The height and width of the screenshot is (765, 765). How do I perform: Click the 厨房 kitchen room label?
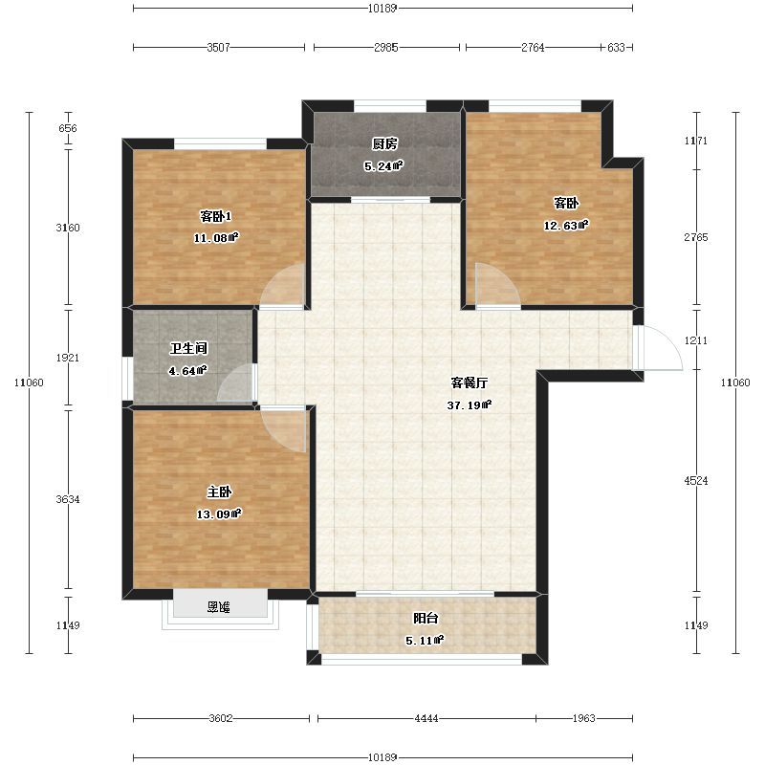click(384, 144)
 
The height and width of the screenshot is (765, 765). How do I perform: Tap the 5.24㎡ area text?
click(383, 165)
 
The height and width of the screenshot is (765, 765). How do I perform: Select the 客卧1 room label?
click(216, 216)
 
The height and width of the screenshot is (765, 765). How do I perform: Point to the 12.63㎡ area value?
click(566, 225)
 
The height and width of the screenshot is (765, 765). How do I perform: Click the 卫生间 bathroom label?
click(188, 348)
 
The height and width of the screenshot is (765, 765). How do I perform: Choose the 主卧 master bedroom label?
click(219, 492)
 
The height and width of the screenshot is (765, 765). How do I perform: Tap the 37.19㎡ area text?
click(469, 404)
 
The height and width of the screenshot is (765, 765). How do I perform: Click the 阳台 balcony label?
click(426, 618)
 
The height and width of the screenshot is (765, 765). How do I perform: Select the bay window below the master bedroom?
click(221, 609)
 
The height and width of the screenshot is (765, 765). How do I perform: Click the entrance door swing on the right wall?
click(658, 347)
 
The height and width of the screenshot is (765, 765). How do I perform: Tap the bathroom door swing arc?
click(235, 383)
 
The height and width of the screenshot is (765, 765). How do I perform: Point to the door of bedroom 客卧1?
click(283, 286)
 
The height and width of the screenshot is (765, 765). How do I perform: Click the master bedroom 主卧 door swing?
click(284, 428)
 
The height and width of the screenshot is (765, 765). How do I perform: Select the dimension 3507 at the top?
click(218, 47)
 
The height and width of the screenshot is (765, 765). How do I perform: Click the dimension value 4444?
click(426, 718)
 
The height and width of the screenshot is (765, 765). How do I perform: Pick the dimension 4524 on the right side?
click(696, 481)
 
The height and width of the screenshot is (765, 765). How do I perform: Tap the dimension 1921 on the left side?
click(67, 358)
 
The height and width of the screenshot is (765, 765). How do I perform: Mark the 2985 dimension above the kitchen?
click(386, 47)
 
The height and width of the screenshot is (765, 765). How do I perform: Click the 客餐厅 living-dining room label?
click(469, 383)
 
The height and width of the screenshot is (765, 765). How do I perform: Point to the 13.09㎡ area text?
click(219, 514)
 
